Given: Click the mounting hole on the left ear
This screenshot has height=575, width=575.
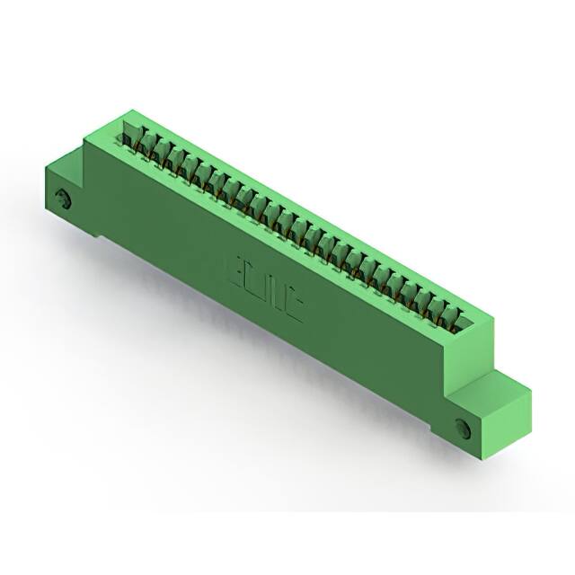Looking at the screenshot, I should point(64,199).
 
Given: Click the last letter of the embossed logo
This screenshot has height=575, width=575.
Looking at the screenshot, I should point(296,308).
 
